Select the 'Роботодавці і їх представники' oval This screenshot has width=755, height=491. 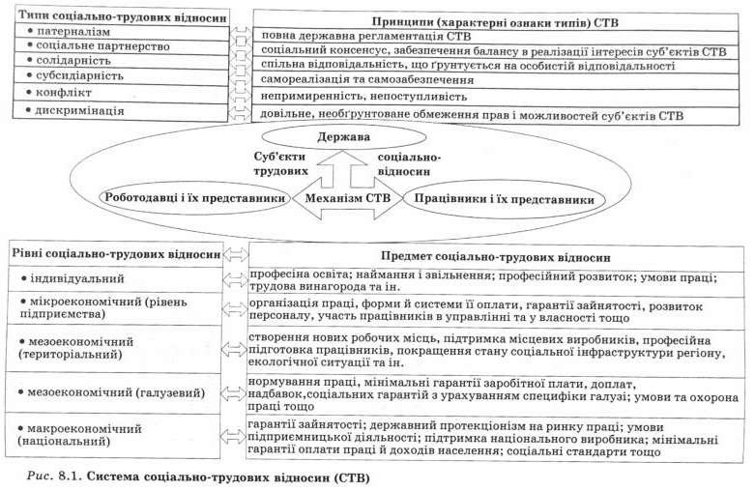193,198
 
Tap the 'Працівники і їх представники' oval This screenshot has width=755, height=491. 503,199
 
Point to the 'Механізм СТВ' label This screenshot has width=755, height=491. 346,200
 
